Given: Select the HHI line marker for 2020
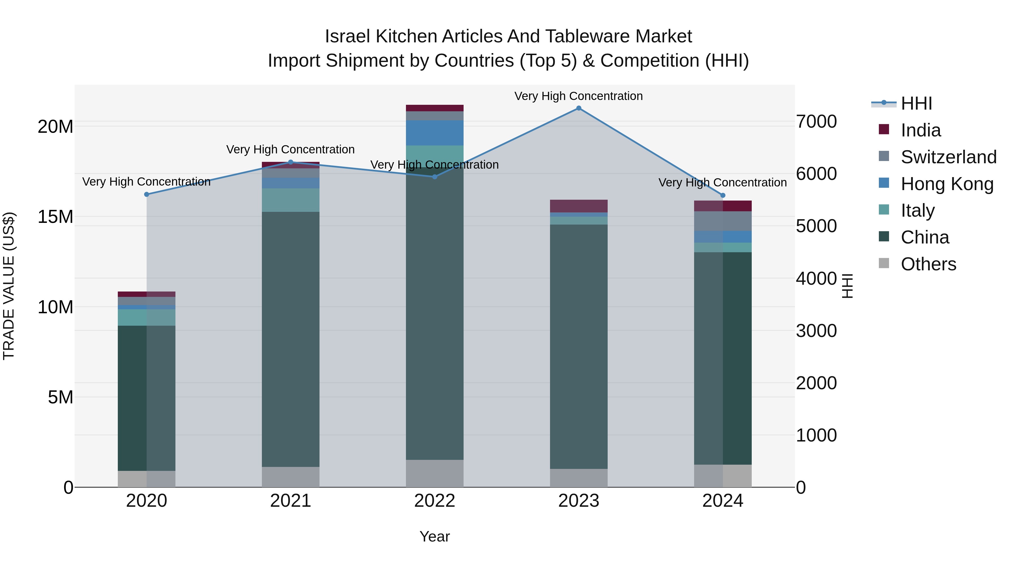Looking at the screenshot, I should tap(146, 194).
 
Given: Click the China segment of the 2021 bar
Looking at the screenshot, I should tap(291, 340).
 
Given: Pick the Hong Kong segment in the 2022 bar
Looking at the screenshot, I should tap(435, 133).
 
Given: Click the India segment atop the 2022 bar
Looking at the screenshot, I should tap(435, 108).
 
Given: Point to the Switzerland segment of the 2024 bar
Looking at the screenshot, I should tap(723, 221).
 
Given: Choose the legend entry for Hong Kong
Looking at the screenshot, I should tap(947, 184).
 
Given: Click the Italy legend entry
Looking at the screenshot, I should tap(918, 210).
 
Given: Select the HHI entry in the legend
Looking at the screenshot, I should tap(916, 103).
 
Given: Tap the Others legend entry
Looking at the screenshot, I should tap(928, 264).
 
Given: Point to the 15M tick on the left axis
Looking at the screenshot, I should tap(55, 217).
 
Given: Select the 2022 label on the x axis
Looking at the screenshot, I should tap(435, 501).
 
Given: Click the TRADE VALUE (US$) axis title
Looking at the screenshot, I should tap(9, 286).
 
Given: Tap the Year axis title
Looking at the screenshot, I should tap(435, 536).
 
